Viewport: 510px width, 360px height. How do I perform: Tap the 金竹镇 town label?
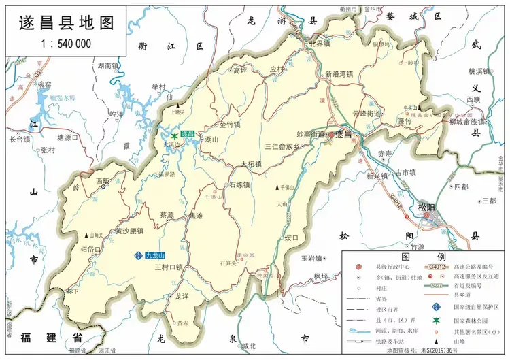230,125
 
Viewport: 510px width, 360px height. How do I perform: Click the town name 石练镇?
239,184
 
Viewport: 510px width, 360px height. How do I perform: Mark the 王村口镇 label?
169,268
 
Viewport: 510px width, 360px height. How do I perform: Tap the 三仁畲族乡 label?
282,146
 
